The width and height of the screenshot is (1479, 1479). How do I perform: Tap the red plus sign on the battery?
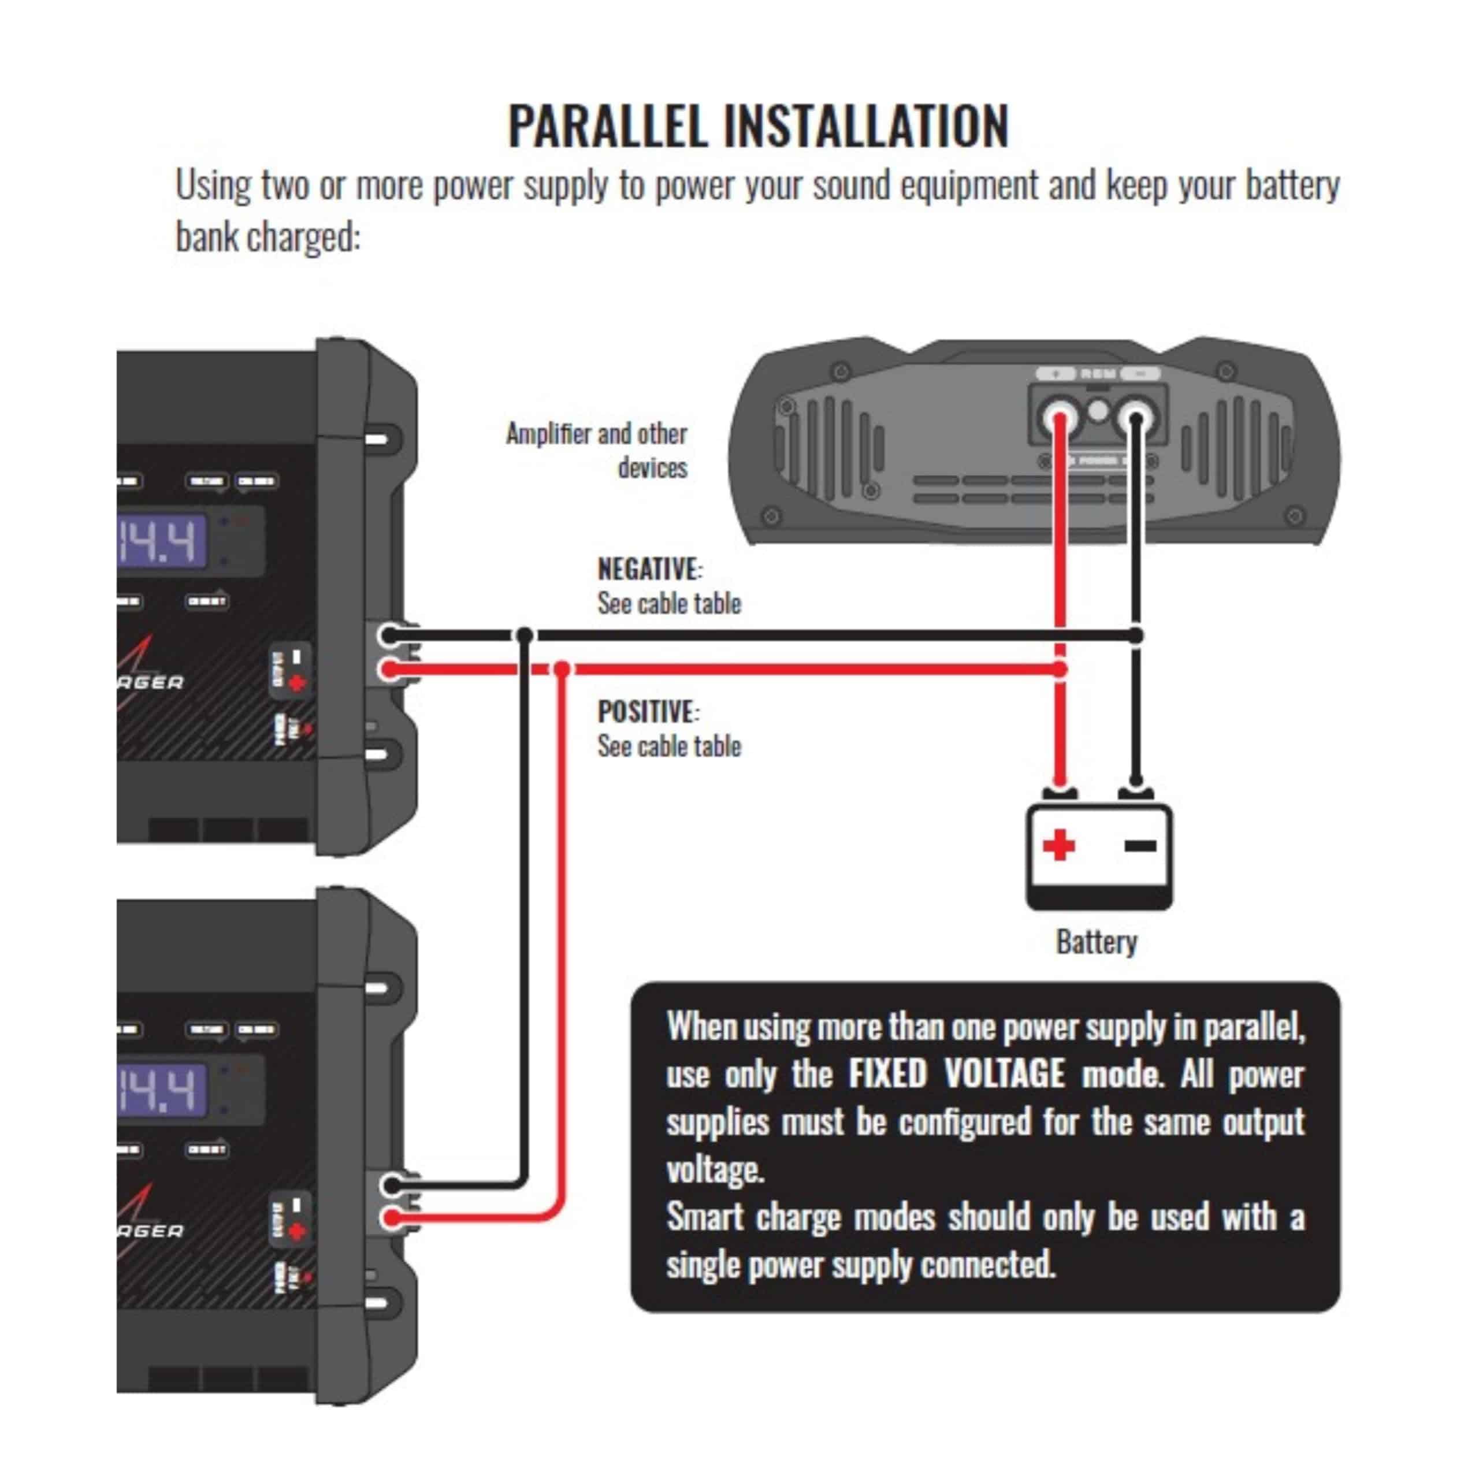(1059, 845)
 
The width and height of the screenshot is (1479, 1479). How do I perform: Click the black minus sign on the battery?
(1140, 845)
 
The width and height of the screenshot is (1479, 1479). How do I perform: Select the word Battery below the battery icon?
(1096, 942)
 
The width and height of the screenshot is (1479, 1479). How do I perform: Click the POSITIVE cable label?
(648, 711)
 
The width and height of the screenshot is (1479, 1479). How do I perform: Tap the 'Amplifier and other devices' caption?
(597, 450)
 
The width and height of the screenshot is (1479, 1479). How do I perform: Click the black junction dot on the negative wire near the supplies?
(525, 634)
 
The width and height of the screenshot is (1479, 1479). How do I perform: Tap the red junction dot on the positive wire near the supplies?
(562, 669)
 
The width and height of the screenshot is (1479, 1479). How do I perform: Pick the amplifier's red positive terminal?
(1060, 419)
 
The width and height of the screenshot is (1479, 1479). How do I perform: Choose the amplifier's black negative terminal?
(1136, 419)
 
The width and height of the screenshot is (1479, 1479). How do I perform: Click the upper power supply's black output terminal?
(389, 634)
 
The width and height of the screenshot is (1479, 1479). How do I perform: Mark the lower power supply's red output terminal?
(391, 1217)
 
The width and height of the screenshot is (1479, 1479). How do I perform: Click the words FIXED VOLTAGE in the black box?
(956, 1073)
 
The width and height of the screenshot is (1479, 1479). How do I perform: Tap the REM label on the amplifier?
(1098, 374)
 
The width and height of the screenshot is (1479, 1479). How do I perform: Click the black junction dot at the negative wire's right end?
(1136, 634)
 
